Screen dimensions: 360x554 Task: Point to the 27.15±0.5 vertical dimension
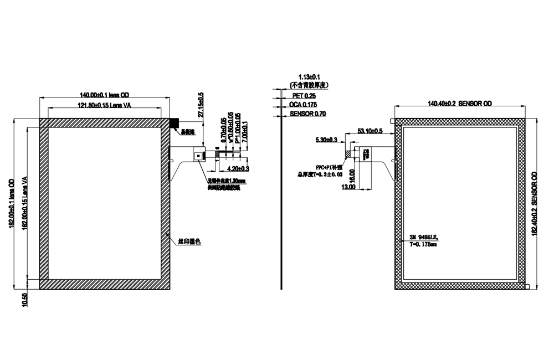(201, 105)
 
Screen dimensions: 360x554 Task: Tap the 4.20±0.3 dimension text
(238, 168)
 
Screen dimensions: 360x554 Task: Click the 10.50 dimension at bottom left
(24, 300)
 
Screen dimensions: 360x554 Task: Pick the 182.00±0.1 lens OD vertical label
(12, 202)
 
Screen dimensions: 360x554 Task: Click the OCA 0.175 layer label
(303, 105)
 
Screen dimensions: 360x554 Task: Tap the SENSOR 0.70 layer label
(308, 114)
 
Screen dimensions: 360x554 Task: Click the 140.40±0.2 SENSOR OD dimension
(460, 104)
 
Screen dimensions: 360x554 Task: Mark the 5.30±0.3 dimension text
(326, 140)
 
